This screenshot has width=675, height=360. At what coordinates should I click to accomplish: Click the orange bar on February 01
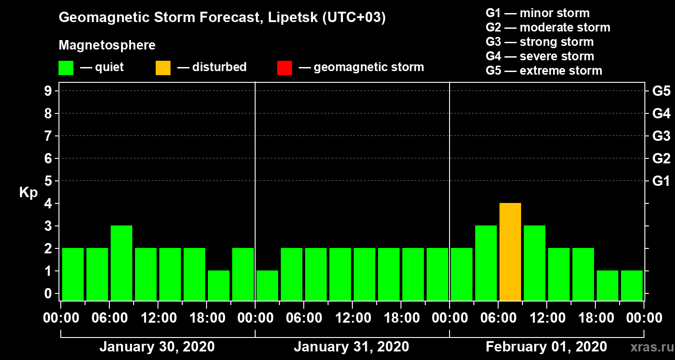click(510, 252)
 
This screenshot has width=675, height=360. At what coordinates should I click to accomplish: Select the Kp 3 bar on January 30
click(121, 263)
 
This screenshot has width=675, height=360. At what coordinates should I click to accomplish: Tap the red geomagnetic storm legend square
click(284, 68)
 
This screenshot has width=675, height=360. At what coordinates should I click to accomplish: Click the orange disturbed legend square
click(163, 68)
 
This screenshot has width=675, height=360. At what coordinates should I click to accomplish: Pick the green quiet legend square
click(66, 68)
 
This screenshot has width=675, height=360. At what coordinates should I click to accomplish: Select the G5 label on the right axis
click(661, 91)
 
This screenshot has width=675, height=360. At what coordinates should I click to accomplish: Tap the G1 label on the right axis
click(661, 181)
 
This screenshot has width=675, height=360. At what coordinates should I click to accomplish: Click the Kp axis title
click(28, 193)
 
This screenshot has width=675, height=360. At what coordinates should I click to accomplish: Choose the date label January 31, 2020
click(351, 347)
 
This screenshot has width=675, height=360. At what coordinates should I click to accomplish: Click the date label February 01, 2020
click(546, 347)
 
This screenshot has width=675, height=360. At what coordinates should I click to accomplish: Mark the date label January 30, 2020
click(157, 347)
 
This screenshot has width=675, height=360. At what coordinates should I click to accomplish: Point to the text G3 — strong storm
click(540, 42)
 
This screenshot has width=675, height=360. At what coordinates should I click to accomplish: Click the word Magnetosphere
click(107, 45)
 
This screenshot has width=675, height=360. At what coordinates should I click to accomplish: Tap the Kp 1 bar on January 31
click(267, 285)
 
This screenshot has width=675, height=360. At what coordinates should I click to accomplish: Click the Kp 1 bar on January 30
click(219, 285)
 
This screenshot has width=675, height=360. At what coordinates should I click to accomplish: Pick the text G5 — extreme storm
click(544, 71)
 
